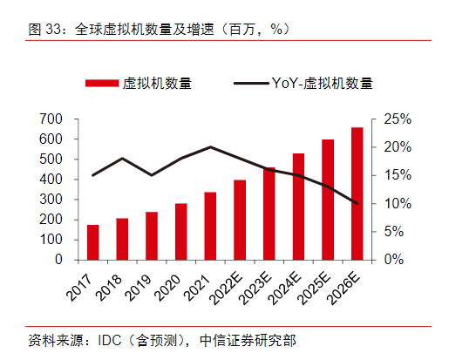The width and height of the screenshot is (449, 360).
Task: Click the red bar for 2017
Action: click(x=92, y=241)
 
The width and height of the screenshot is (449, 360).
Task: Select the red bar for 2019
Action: click(x=152, y=235)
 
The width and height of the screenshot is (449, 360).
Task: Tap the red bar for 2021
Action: click(x=210, y=226)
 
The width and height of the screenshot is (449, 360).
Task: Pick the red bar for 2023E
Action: click(x=269, y=213)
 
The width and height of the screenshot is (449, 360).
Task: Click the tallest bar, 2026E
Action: click(x=357, y=193)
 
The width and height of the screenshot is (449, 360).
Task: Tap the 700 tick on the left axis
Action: click(x=51, y=119)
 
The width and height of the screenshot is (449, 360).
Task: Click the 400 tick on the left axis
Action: click(x=51, y=180)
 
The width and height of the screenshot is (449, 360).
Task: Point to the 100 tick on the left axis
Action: click(x=51, y=240)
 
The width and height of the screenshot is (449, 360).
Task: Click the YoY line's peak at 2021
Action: click(x=210, y=146)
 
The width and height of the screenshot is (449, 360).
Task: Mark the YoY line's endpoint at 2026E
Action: click(x=357, y=203)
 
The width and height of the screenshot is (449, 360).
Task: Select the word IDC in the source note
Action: click(x=108, y=339)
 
